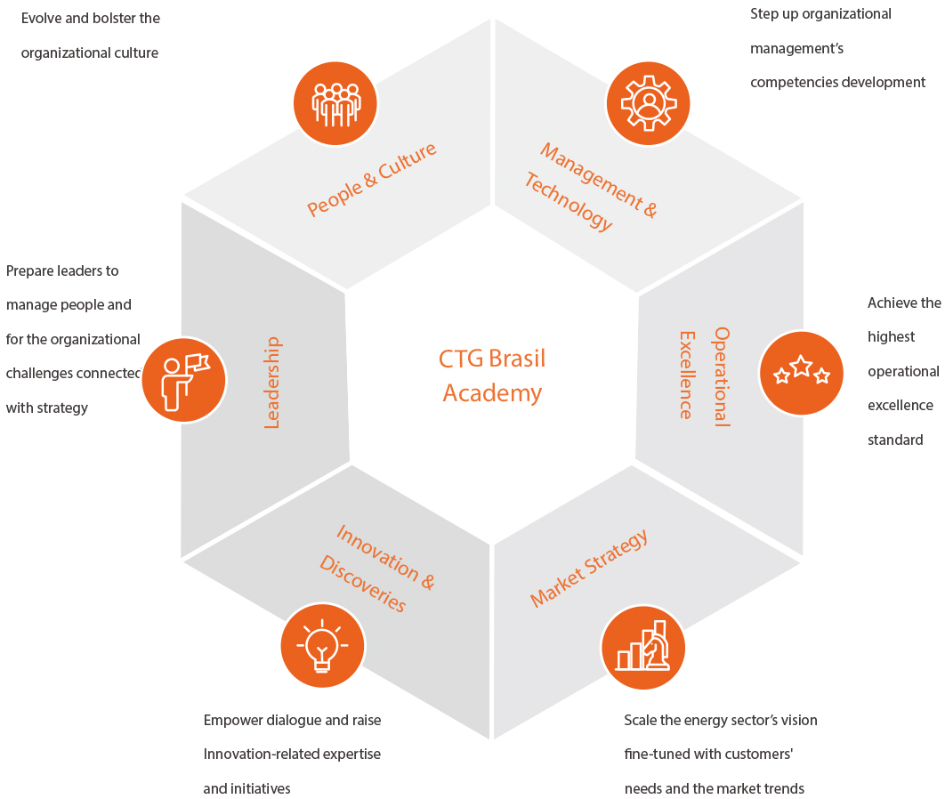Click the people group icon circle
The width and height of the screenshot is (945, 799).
pyautogui.click(x=335, y=103)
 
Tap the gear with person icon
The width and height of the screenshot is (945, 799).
pyautogui.click(x=649, y=103)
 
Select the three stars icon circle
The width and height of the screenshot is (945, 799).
pyautogui.click(x=802, y=373)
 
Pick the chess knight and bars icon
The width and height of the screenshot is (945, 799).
pyautogui.click(x=643, y=647)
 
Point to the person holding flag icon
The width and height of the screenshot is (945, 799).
pyautogui.click(x=183, y=379)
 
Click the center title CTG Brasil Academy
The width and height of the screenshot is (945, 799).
pyautogui.click(x=492, y=375)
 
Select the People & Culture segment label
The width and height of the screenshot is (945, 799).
pyautogui.click(x=372, y=178)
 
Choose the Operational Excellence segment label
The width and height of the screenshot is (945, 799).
pyautogui.click(x=704, y=375)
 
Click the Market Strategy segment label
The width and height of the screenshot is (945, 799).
pyautogui.click(x=589, y=568)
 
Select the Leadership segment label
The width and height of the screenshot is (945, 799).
pyautogui.click(x=272, y=382)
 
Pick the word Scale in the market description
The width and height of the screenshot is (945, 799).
pyautogui.click(x=640, y=720)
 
